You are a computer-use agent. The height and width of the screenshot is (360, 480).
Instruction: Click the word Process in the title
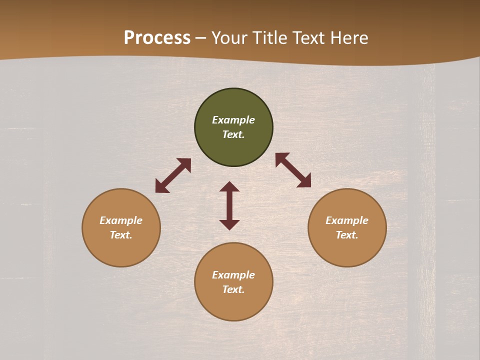pos(157,38)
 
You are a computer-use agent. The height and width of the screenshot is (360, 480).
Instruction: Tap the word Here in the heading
pos(348,38)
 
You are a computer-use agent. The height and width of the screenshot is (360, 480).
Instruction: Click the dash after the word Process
pos(201,38)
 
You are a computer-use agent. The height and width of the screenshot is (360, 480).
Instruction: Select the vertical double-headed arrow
pos(229,205)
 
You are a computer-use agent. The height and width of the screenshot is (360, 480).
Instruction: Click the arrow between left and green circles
pos(173,175)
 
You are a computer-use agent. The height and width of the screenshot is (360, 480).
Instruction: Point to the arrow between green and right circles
pos(293,170)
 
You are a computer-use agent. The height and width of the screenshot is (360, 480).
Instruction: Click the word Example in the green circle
pos(233,120)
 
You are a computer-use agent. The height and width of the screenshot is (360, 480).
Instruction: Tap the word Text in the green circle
pos(233,134)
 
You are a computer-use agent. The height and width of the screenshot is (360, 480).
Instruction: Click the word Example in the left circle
pos(121,220)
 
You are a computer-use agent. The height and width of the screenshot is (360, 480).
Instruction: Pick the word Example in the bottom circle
pos(233,275)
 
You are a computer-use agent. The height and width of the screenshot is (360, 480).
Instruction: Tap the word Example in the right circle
pos(347,220)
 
